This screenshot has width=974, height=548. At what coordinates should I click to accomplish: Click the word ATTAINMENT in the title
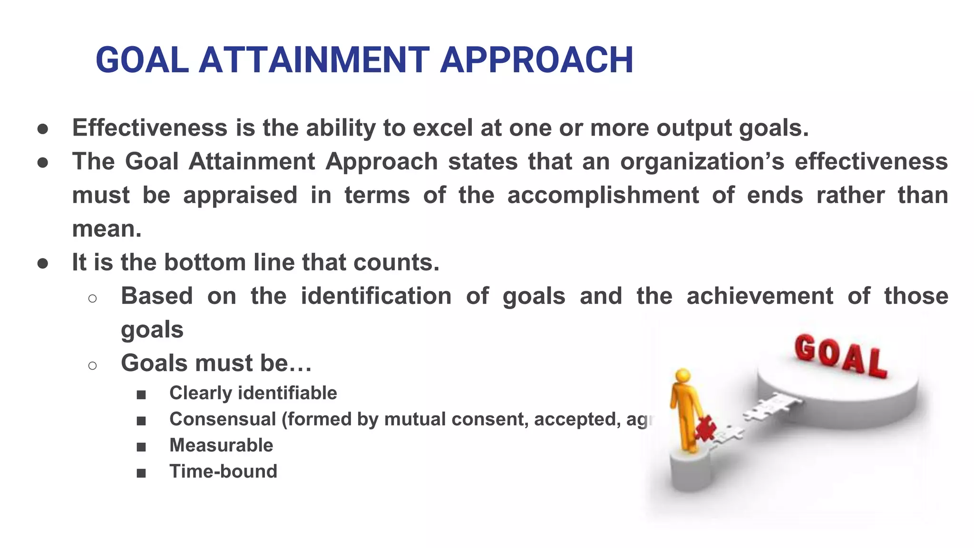(x=314, y=60)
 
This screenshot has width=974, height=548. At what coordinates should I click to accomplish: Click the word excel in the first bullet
(x=443, y=127)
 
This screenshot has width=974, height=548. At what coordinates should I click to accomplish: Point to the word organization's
(x=702, y=161)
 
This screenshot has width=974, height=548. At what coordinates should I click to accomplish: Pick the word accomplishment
(x=603, y=195)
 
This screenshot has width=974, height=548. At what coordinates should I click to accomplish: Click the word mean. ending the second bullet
(x=107, y=229)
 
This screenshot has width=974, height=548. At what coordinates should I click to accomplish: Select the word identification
(x=376, y=296)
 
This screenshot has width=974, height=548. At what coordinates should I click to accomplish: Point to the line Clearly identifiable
(x=253, y=393)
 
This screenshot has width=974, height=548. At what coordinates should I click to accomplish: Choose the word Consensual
(x=223, y=419)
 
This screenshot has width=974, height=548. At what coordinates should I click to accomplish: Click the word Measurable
(x=221, y=445)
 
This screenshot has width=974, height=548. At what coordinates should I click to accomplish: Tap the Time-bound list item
(x=223, y=471)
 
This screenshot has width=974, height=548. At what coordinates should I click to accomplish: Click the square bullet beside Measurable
(x=141, y=447)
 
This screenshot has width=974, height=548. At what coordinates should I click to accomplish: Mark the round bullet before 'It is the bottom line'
(x=43, y=264)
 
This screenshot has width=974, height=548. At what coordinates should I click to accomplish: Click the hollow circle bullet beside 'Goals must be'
(x=92, y=365)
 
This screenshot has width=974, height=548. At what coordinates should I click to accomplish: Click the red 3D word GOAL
(x=840, y=356)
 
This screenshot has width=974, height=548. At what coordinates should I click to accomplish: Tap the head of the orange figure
(x=683, y=375)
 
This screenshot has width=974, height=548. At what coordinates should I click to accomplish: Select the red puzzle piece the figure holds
(x=705, y=428)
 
